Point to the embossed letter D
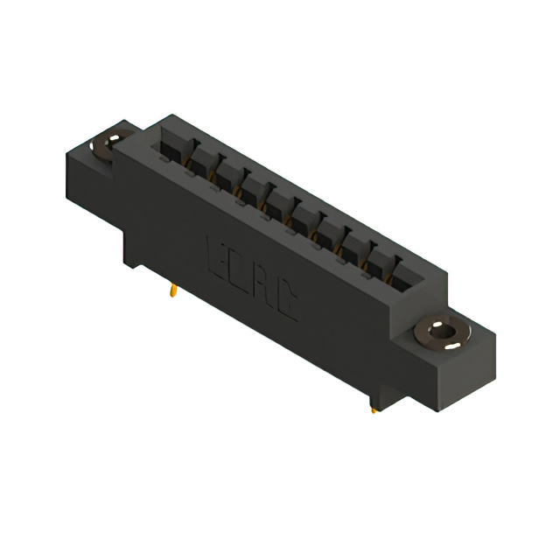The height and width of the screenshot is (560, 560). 238,272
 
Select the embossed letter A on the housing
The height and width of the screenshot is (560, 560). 262,288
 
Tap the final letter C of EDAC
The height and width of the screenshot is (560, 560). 286,305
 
